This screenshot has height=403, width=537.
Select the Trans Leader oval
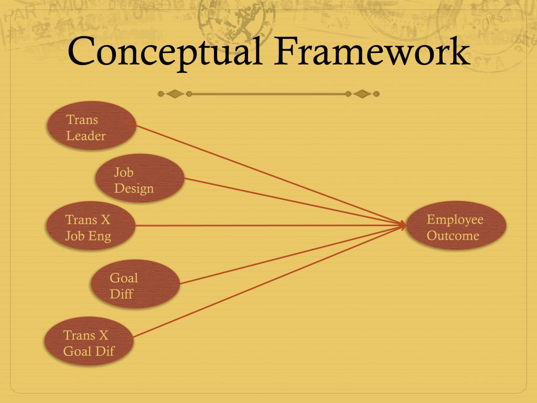click(92, 126)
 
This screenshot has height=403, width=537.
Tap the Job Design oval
click(139, 178)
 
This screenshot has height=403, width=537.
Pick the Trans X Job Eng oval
click(91, 227)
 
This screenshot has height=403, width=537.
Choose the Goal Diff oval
click(135, 284)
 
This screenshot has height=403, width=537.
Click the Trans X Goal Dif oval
click(89, 342)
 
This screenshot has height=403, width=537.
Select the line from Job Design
click(294, 202)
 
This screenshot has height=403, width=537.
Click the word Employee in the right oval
click(455, 219)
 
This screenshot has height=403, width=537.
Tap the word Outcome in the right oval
click(453, 236)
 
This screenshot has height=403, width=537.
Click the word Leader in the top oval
click(85, 136)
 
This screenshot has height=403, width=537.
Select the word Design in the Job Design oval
click(134, 188)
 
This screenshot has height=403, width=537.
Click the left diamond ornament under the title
click(175, 94)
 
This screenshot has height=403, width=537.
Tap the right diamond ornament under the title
click(361, 94)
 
